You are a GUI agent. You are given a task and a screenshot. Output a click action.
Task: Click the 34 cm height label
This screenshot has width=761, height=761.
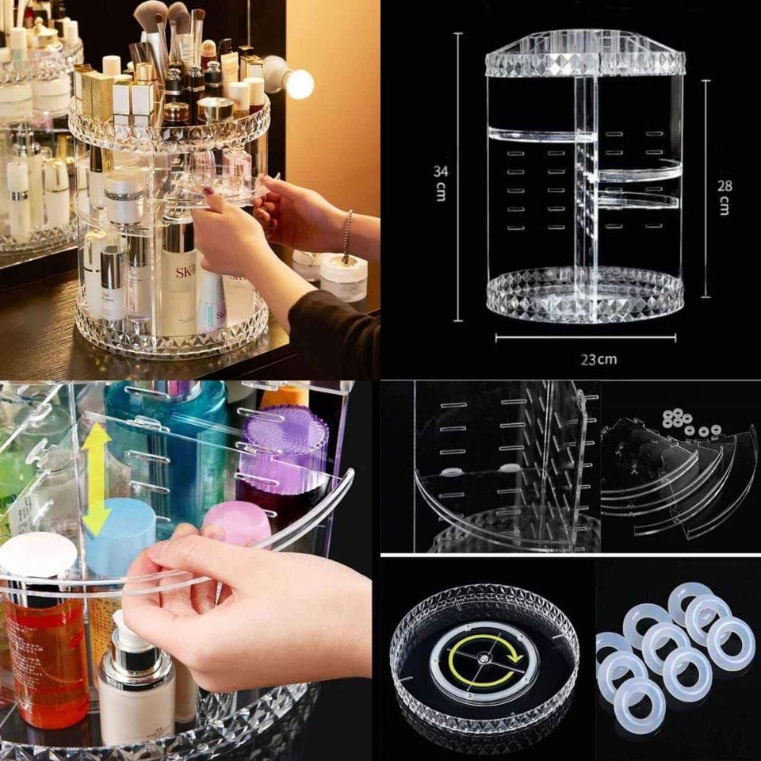click(x=440, y=183)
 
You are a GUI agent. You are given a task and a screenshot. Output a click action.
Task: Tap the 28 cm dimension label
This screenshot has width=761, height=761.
click(x=724, y=197)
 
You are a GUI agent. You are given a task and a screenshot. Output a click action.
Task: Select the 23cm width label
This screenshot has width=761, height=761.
click(x=599, y=360)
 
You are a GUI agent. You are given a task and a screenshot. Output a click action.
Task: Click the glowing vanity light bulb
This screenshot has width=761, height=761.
click(x=299, y=83)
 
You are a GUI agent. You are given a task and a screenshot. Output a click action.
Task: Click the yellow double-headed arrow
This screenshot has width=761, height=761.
click(x=96, y=479)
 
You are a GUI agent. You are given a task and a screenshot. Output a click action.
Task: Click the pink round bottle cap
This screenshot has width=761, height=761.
click(x=236, y=524)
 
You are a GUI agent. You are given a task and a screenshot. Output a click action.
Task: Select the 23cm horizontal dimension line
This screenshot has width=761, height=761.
click(x=586, y=338)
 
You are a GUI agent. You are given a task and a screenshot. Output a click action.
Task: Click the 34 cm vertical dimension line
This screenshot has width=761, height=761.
click(x=457, y=177)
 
